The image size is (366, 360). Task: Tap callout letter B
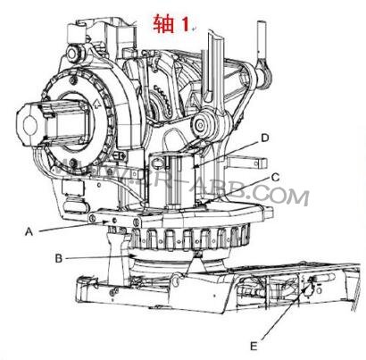58,260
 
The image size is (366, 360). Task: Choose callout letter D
264,138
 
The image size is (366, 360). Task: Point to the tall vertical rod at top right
262,40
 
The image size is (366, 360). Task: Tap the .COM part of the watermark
285,194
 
